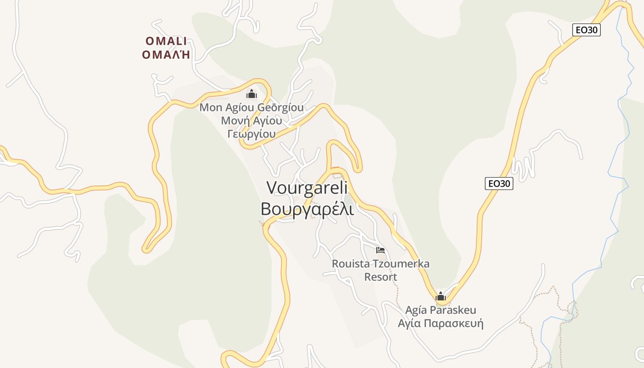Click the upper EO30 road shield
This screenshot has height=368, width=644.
click(x=587, y=30)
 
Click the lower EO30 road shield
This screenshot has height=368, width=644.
click(x=499, y=184)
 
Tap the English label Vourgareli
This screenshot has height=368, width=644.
click(x=307, y=188)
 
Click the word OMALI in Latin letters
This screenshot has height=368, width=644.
click(x=166, y=41)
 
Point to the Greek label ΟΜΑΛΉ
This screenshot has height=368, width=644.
click(x=166, y=55)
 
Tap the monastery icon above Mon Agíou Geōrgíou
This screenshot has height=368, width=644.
click(x=251, y=94)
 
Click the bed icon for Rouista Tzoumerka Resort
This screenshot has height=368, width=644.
click(x=380, y=250)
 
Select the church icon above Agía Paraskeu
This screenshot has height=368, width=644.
click(x=441, y=296)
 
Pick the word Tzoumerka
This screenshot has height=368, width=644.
click(x=401, y=264)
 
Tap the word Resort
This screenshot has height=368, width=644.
click(x=380, y=277)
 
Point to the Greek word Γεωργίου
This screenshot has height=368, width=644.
click(x=252, y=134)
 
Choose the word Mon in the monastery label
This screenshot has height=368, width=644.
click(x=210, y=108)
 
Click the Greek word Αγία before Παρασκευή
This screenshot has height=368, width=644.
click(x=409, y=323)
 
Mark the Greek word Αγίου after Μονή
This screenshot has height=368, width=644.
click(x=266, y=121)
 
